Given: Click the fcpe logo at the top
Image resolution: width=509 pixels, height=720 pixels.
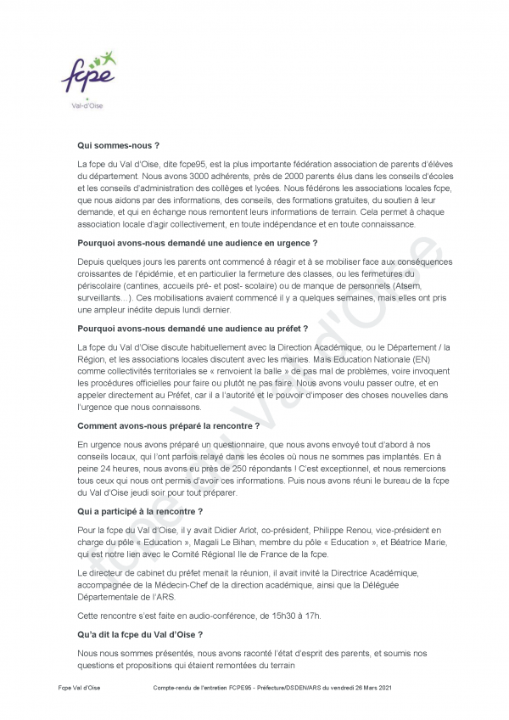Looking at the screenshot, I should (x=89, y=76).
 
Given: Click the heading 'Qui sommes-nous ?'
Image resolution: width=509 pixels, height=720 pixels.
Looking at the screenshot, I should (x=118, y=145).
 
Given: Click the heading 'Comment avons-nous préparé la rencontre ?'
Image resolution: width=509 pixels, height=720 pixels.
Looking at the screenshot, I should (x=168, y=425).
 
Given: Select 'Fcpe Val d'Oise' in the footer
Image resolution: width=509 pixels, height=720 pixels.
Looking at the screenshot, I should (x=79, y=686).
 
